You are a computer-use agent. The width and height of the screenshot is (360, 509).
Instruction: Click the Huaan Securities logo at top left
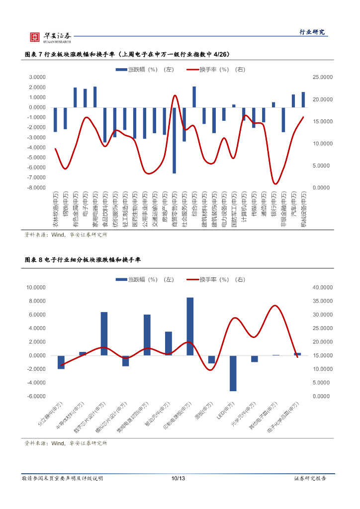[50, 36]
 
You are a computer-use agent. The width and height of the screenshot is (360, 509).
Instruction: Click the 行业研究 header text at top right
[312, 32]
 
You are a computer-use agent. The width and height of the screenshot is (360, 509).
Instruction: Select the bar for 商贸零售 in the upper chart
[174, 140]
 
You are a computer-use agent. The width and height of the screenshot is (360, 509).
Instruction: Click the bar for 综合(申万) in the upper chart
[194, 97]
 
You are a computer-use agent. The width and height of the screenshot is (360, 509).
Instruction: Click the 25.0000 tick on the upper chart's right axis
[322, 78]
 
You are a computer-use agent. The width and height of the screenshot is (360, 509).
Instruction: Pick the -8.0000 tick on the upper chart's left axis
[37, 188]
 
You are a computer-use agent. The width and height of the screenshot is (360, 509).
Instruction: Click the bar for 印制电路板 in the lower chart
[190, 327]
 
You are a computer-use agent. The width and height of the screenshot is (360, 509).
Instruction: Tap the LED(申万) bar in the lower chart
[233, 373]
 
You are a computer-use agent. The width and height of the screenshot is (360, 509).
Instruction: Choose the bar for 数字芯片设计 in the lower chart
[104, 334]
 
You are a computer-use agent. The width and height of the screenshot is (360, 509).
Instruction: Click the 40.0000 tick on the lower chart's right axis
[322, 288]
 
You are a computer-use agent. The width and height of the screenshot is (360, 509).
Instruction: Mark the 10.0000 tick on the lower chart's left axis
[36, 288]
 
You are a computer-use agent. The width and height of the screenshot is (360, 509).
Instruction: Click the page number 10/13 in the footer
[178, 478]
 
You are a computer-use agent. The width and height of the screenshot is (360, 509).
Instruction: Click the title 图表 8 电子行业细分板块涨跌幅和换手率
[83, 260]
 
